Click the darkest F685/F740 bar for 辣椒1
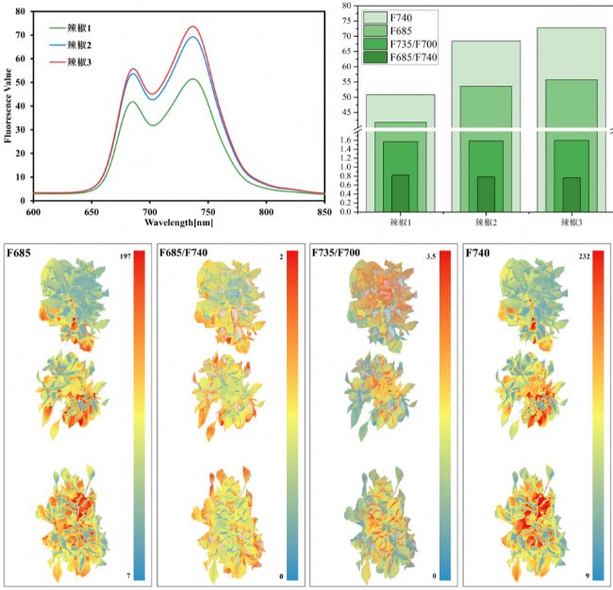coord(401,192)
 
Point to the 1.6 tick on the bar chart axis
coord(346,139)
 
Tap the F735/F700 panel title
coord(338,255)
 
